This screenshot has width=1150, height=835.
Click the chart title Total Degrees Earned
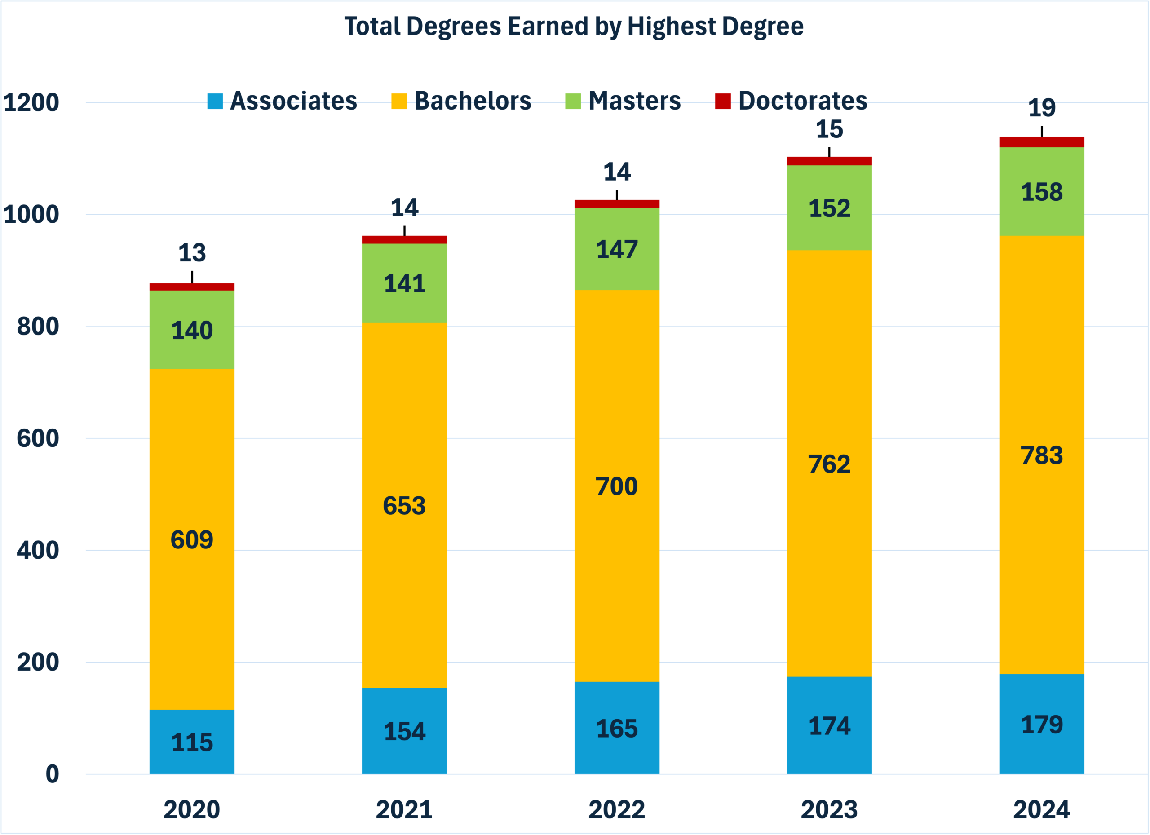point(574,27)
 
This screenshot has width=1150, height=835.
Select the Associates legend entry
point(283,101)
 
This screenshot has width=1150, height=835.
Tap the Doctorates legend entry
point(791,101)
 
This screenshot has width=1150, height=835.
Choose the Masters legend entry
point(623,101)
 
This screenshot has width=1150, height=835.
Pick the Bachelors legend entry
point(461,101)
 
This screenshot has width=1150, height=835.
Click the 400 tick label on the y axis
point(38,551)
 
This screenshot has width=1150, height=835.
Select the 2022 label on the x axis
point(617,810)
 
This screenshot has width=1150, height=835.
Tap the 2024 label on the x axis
point(1041,810)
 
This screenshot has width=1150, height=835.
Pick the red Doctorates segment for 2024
point(1041,142)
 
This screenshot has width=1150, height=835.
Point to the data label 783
point(1041,455)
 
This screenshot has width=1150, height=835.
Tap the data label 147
point(617,249)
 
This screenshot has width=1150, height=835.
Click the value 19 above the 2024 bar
point(1041,108)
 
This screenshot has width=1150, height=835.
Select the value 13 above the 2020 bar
point(192,253)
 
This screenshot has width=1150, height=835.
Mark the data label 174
point(829,726)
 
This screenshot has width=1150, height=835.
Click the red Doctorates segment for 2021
point(404,240)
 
